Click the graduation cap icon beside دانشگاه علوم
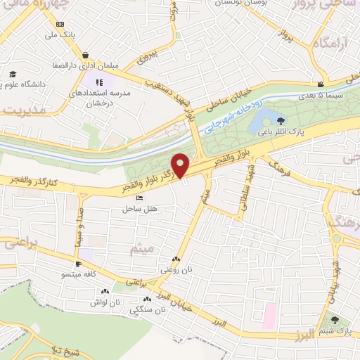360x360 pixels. coord(13,74)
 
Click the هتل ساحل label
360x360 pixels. coord(139,209)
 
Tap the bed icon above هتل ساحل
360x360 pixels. coord(139,198)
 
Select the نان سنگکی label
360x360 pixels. coord(149,309)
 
